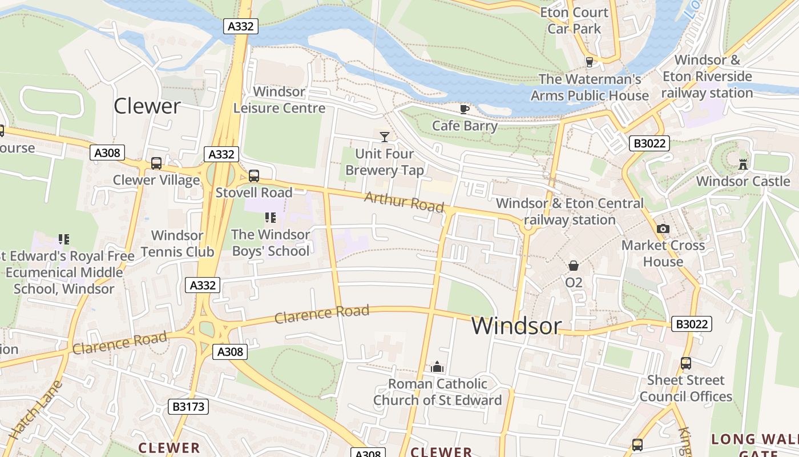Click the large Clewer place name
tap(147, 106)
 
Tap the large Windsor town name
tap(516, 326)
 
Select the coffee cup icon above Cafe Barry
tap(465, 109)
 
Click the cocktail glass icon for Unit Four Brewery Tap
tap(385, 137)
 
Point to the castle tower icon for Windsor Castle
tap(742, 165)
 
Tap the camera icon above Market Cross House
tap(663, 229)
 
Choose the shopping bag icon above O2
tap(573, 266)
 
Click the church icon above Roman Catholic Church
tap(437, 367)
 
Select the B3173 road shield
tap(188, 407)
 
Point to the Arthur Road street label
tap(403, 202)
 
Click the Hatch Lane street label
tap(35, 411)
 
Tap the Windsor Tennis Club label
tap(177, 243)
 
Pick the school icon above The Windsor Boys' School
tap(271, 218)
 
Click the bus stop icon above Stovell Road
tap(254, 176)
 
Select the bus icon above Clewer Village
tap(156, 163)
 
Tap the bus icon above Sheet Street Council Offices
tap(685, 363)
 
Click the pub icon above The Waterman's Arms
tap(590, 62)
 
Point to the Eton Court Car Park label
tap(574, 21)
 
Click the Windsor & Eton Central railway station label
tap(570, 211)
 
